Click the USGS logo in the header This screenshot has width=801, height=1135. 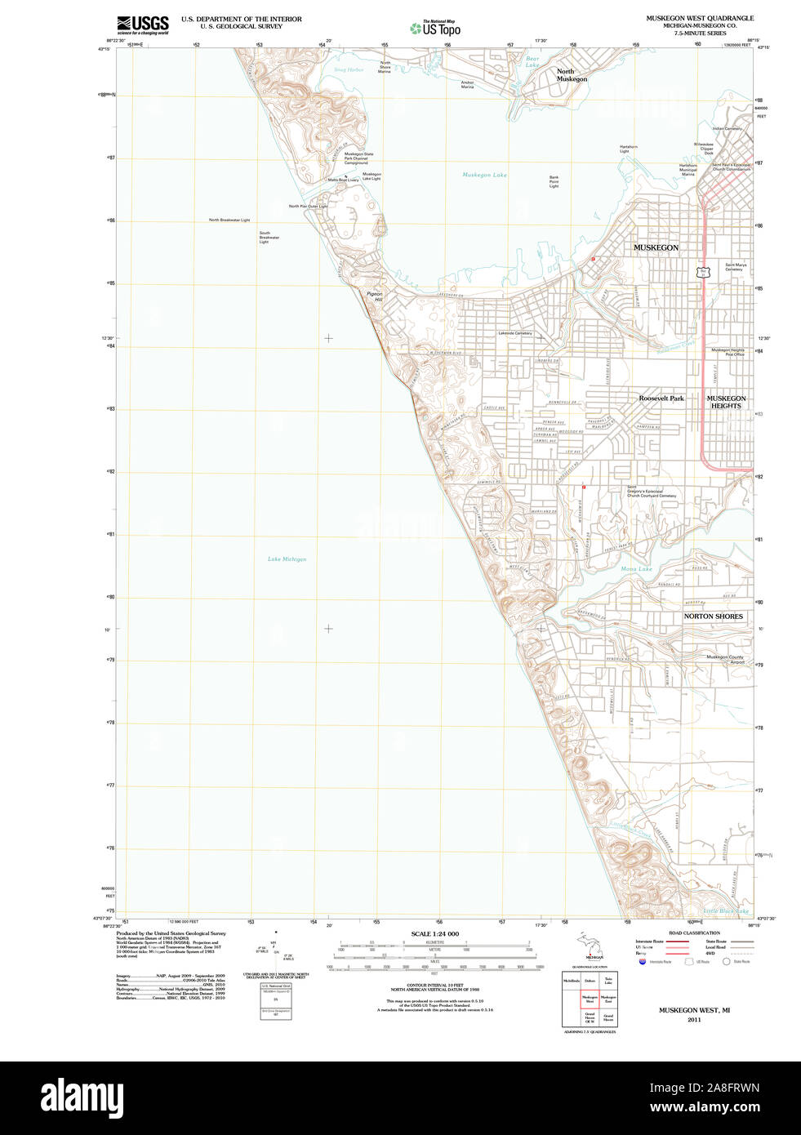142,24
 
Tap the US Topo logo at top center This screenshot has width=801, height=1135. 435,29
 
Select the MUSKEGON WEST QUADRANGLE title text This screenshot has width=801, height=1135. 700,18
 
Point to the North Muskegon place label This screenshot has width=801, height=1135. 572,75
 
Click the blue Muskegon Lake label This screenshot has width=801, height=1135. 484,175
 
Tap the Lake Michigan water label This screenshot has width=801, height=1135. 287,559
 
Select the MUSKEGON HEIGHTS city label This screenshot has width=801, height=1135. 726,402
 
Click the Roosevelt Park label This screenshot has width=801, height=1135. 661,398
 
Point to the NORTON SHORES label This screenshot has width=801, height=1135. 713,616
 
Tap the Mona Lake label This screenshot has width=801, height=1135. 636,568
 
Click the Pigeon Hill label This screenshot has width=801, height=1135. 374,296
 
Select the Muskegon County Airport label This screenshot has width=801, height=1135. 725,659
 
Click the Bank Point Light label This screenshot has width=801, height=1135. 554,181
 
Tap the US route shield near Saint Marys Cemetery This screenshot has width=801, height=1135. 701,271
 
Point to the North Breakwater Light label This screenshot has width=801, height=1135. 229,220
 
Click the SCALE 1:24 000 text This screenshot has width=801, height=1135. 434,934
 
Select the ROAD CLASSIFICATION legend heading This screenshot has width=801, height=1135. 694,932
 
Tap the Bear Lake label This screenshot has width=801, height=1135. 532,61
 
